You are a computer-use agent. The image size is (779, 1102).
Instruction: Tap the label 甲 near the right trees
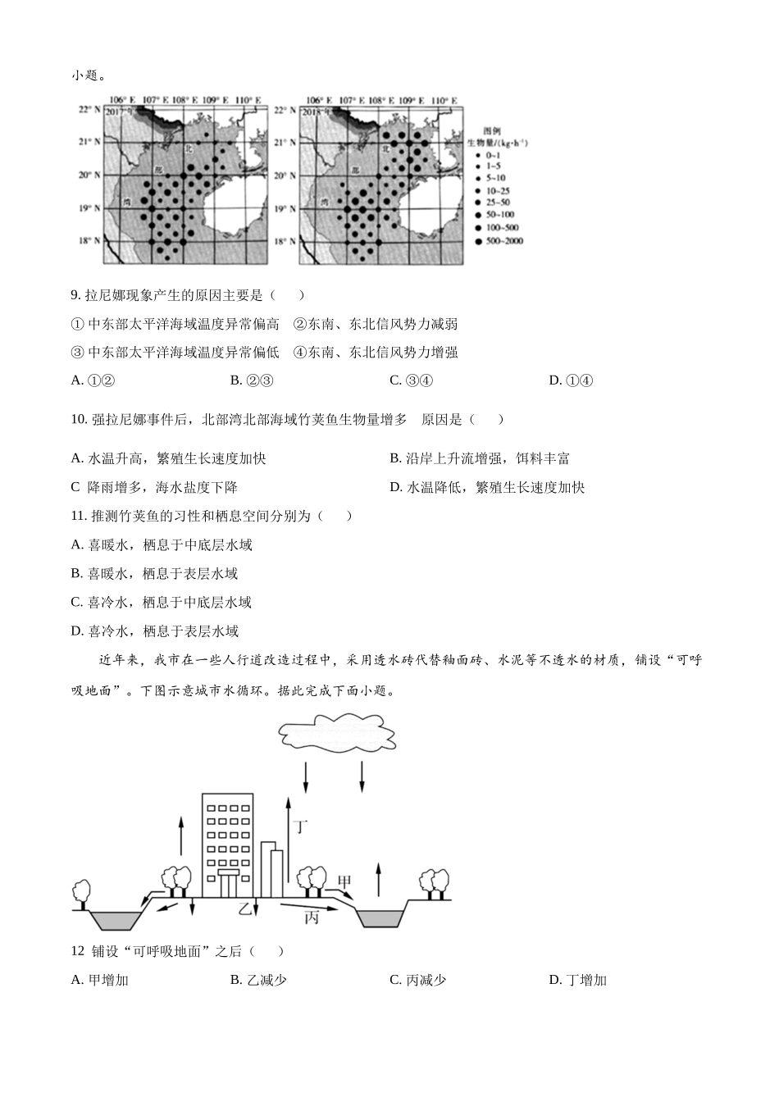[x=345, y=881]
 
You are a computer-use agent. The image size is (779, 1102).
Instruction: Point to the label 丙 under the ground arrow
[x=311, y=918]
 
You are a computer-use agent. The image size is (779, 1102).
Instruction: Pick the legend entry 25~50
[x=495, y=203]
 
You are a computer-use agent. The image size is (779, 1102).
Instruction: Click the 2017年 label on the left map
[x=119, y=111]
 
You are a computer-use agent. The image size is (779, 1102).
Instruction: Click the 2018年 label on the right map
[x=315, y=111]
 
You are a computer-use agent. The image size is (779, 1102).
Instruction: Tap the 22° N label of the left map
[x=89, y=109]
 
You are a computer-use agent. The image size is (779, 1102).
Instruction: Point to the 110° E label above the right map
[x=444, y=100]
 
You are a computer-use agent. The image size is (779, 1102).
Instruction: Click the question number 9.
[x=75, y=295]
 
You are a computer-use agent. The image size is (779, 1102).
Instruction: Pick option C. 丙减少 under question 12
[x=417, y=980]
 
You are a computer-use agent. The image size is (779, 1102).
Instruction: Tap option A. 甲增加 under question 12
[x=100, y=980]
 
